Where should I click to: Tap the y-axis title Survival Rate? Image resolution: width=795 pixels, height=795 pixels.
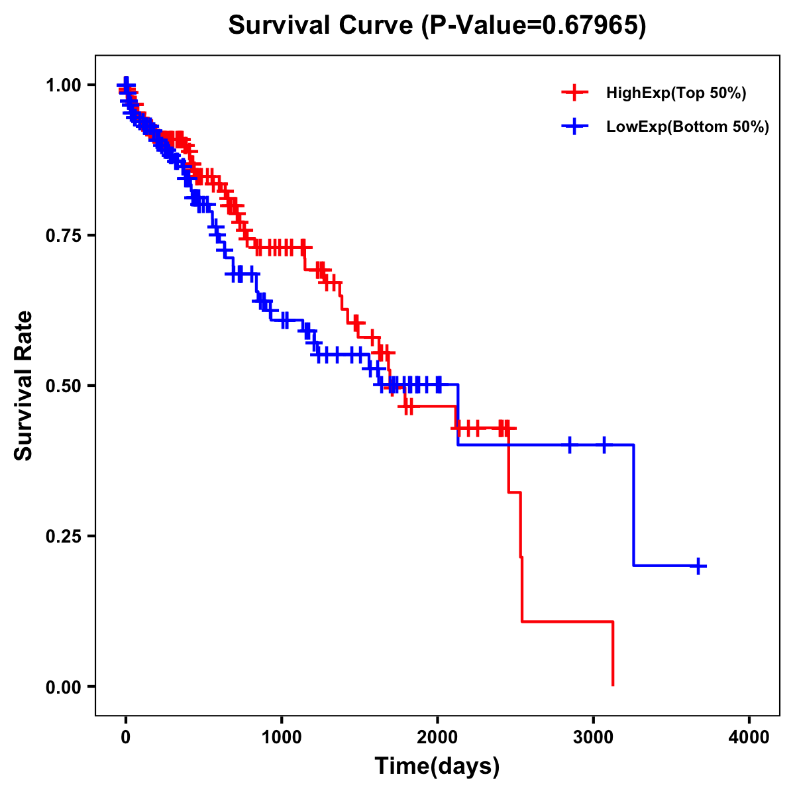coord(24,386)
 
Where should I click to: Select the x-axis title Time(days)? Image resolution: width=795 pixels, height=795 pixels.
coord(437,766)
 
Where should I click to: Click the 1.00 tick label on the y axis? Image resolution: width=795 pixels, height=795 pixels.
coord(64,85)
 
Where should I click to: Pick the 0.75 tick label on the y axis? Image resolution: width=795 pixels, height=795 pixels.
coord(64,235)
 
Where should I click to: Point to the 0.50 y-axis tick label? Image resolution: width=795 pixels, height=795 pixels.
coord(64,386)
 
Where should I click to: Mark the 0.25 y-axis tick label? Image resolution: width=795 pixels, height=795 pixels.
coord(64,536)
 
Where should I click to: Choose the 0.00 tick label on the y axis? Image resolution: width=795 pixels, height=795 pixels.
coord(64,686)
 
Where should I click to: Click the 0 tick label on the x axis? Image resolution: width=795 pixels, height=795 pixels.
coord(126,737)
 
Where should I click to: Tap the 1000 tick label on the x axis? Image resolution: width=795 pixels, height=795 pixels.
coord(282,737)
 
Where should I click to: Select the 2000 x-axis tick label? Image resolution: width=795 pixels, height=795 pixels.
coord(437,737)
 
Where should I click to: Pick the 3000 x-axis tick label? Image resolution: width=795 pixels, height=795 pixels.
coord(593,737)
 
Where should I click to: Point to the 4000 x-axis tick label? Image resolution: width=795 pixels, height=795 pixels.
coord(749,737)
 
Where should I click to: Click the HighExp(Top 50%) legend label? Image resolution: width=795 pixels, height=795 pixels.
coord(676,93)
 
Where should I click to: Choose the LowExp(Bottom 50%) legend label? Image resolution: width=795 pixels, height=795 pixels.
coord(688,127)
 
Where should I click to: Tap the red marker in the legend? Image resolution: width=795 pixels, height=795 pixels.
coord(574,93)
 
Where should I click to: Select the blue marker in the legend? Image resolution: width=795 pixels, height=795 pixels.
coord(574,127)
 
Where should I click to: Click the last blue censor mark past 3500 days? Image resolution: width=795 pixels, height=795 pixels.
coord(698,566)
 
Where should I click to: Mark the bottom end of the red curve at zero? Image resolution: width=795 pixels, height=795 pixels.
coord(613,685)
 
